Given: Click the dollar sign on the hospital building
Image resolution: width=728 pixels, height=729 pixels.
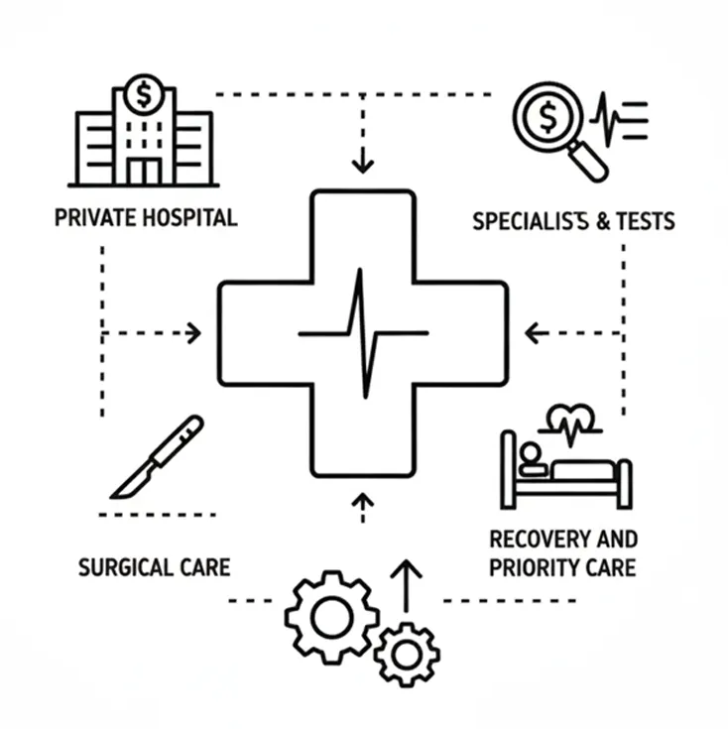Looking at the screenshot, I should (x=146, y=95).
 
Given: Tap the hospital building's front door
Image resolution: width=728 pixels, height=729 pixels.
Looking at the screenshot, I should (x=144, y=170).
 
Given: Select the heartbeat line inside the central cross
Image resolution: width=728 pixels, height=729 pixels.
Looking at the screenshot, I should (x=363, y=332).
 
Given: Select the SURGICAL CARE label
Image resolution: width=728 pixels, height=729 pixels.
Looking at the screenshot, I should (x=154, y=568).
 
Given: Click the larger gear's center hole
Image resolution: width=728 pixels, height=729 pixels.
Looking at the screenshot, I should (x=330, y=617).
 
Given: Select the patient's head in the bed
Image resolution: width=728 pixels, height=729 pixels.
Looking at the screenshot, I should (x=531, y=454).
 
